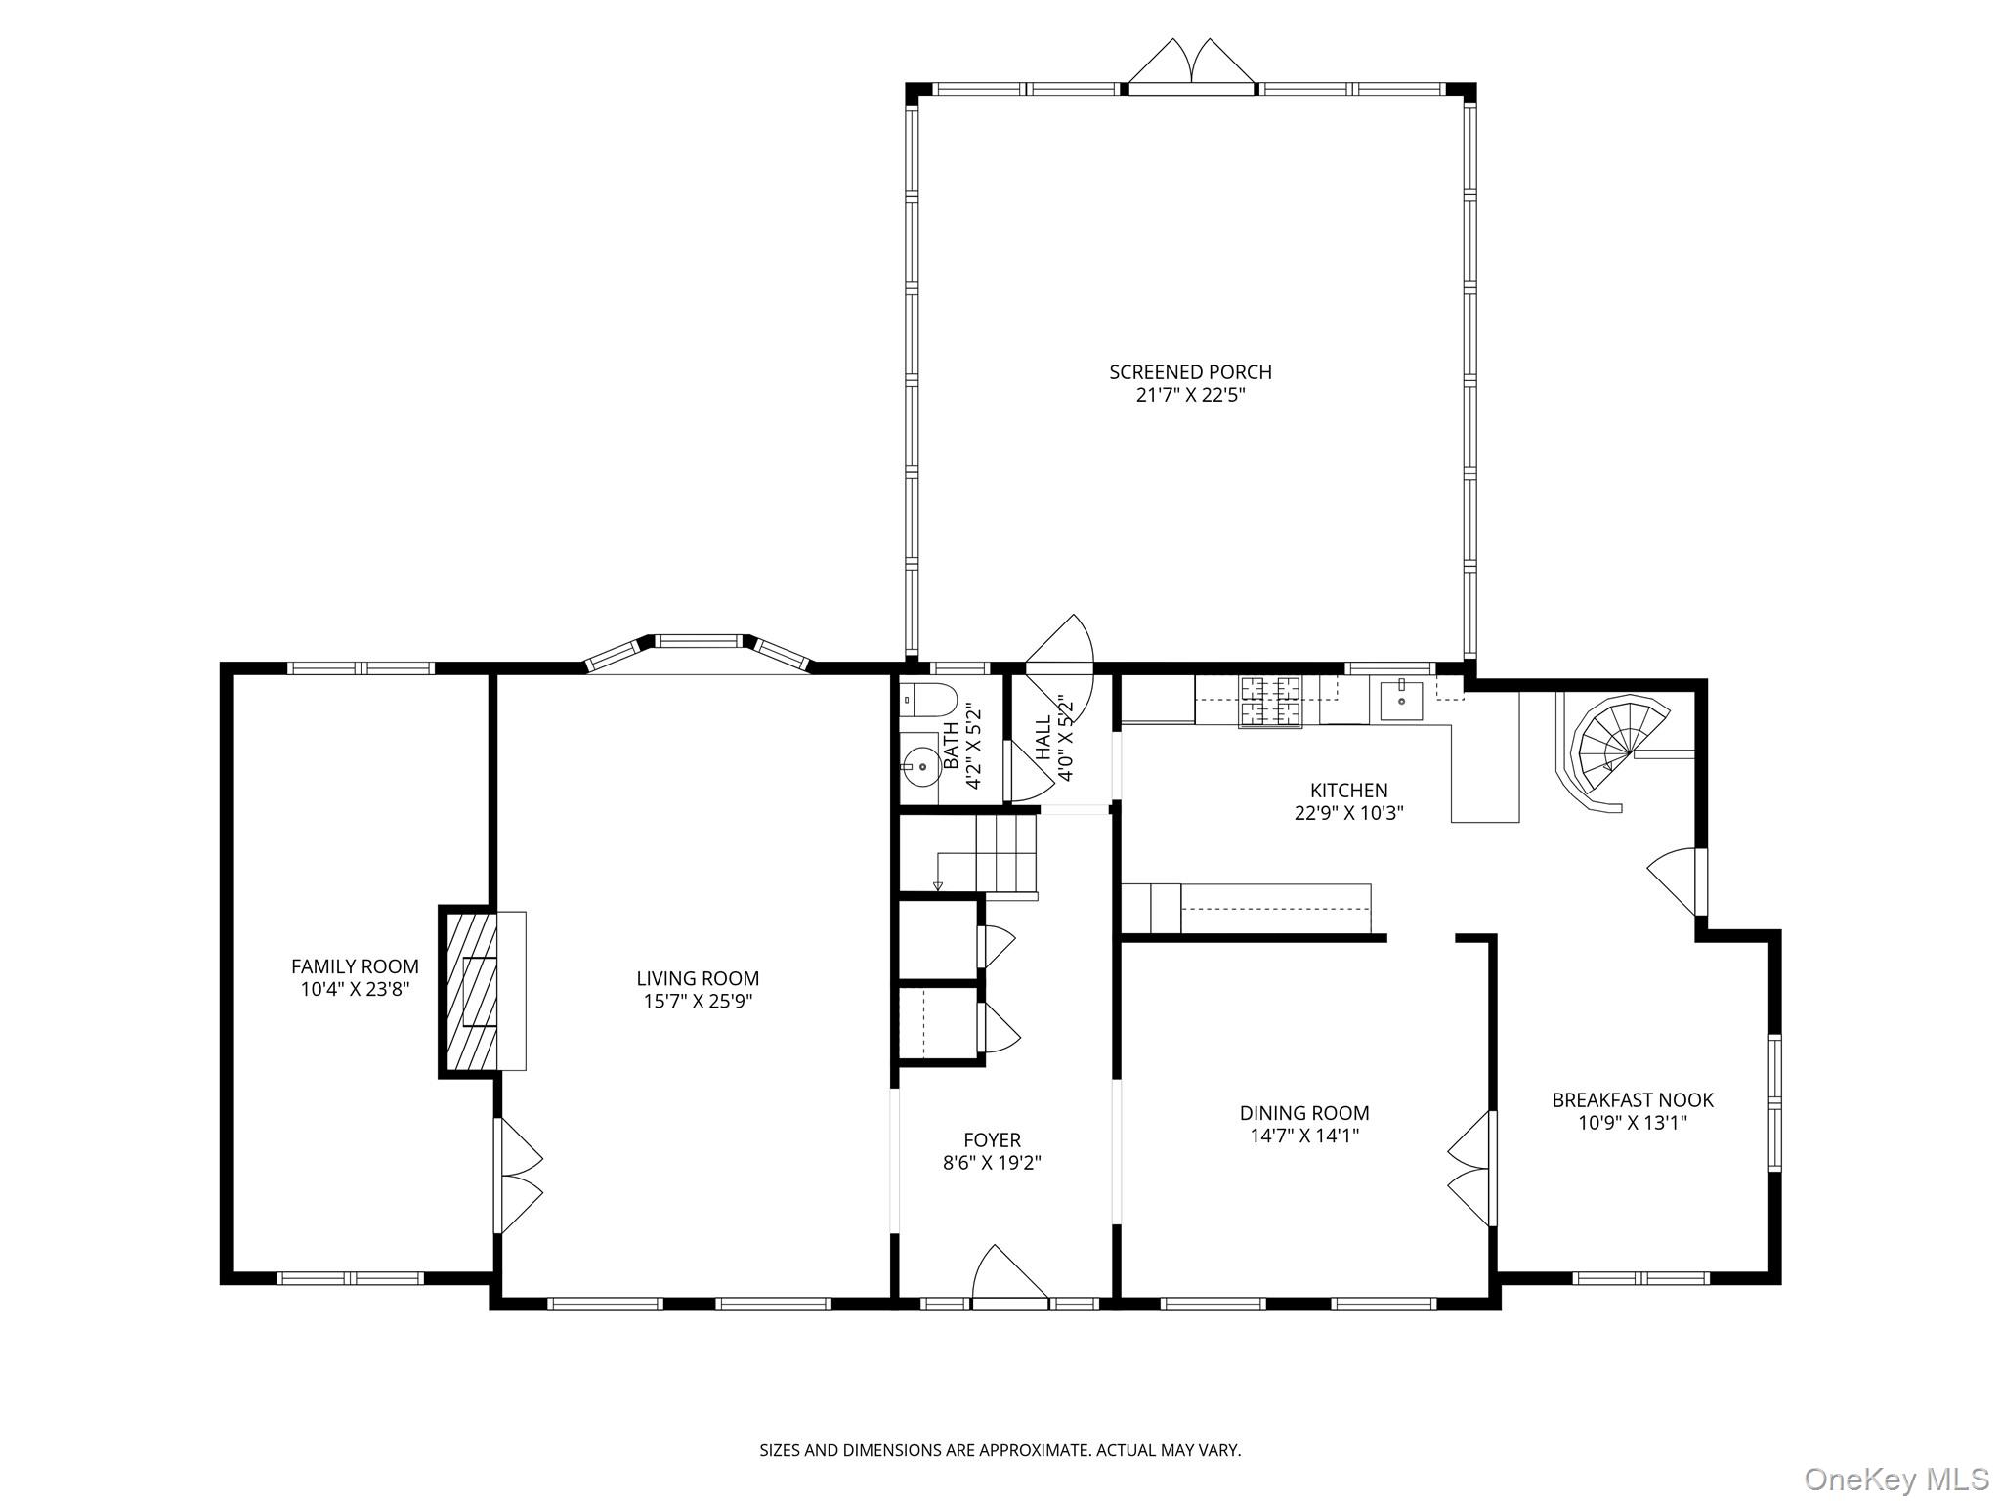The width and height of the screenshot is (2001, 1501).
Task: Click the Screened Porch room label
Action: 1190,372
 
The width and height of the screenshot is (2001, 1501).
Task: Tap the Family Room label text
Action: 355,966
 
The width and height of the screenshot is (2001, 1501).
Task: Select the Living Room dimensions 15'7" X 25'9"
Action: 698,1002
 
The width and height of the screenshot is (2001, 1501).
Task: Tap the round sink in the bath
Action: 919,766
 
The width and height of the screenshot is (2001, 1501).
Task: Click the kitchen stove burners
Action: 1271,700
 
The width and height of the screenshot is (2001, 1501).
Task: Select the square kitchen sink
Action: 1400,700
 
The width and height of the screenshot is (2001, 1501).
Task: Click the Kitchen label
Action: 1348,791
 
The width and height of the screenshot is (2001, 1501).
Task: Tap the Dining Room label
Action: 1304,1113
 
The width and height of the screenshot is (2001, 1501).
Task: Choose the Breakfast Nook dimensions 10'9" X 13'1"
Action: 1633,1124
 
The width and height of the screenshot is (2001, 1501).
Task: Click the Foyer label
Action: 992,1140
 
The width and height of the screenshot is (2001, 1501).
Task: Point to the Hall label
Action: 1043,739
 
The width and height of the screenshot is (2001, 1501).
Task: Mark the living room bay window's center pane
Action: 699,642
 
